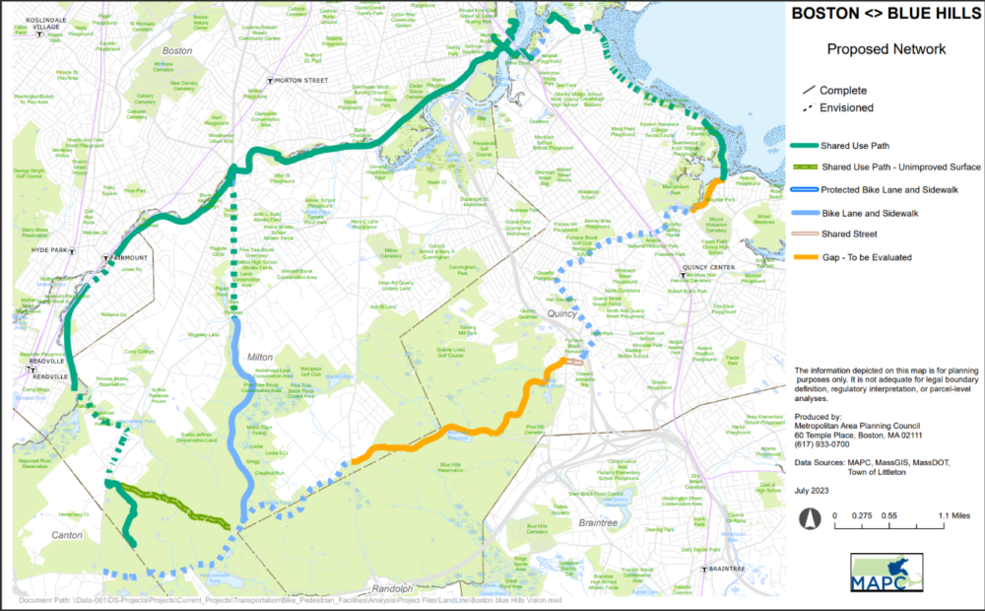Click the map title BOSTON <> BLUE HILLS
coord(886,15)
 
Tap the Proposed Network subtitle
coord(886,48)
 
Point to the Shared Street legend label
coord(849,235)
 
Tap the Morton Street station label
coord(301,80)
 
